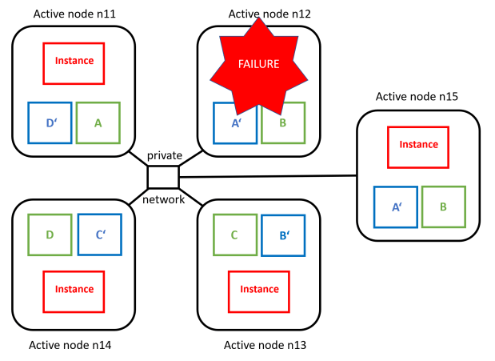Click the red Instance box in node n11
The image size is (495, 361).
74,62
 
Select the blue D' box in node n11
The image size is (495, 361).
50,123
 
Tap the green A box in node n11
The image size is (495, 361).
98,123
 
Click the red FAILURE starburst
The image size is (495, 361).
257,63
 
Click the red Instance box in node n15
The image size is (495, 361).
418,146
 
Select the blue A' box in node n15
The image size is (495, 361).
396,207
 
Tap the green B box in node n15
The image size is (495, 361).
444,207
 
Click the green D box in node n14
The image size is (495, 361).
50,235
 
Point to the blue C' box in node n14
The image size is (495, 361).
99,235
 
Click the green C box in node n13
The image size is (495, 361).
234,235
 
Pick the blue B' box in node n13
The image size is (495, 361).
283,235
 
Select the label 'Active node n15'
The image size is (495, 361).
416,97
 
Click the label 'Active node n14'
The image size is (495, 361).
70,346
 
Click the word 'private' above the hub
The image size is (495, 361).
164,155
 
